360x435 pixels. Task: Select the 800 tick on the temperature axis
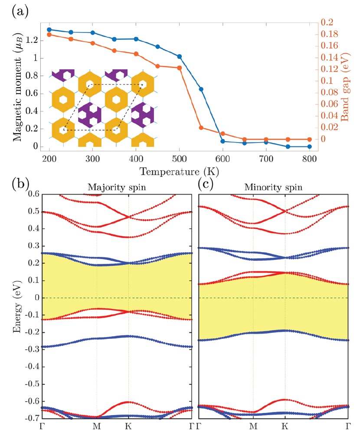[x=309, y=157]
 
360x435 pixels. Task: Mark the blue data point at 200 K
[x=49, y=29]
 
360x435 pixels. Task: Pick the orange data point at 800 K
[x=309, y=140]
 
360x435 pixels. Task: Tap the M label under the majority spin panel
[x=97, y=427]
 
